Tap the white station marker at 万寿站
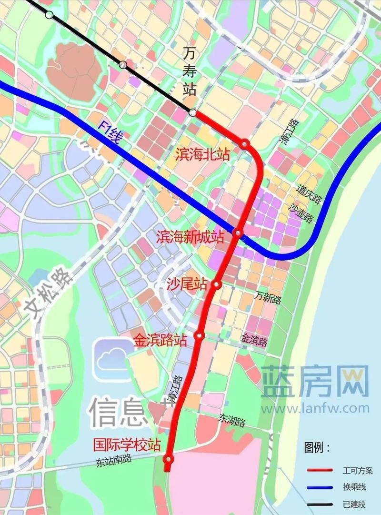coord(192,113)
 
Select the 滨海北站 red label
coord(202,154)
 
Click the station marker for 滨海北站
coord(244,144)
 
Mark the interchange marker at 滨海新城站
coord(239,233)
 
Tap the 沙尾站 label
coord(187,285)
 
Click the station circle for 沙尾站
coord(216,285)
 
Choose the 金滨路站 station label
coord(160,340)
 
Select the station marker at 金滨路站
coord(200,336)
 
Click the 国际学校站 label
coord(127,446)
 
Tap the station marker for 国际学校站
coord(168,459)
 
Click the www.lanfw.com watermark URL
coord(315,408)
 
